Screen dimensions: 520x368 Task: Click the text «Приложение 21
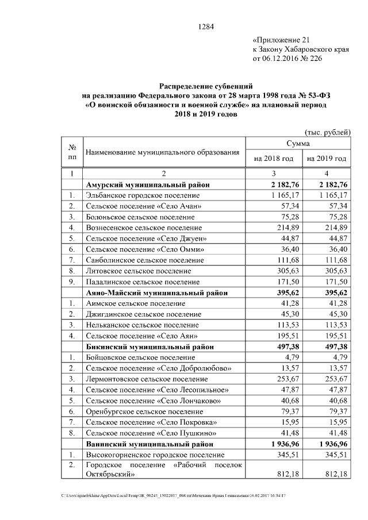(x=282, y=40)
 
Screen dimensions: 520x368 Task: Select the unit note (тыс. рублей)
(x=326, y=132)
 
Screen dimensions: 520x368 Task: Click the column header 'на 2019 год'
(x=327, y=158)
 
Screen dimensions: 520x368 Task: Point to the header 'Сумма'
(x=298, y=142)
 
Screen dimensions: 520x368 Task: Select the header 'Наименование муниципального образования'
(x=162, y=152)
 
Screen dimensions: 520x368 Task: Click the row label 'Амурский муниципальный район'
(x=148, y=185)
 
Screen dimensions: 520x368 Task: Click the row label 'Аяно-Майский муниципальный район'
(x=155, y=292)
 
